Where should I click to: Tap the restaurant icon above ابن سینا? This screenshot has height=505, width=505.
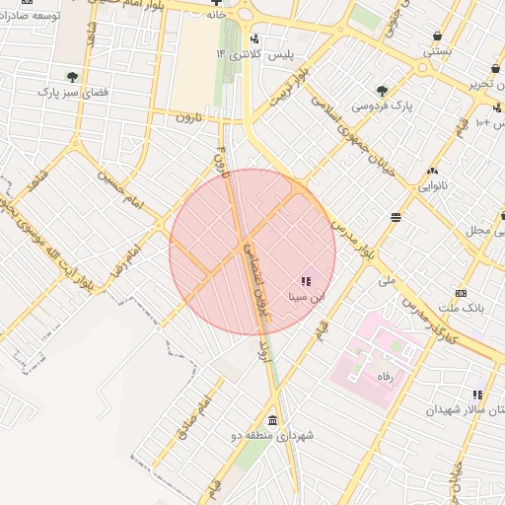304,281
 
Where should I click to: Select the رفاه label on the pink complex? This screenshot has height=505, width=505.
382,377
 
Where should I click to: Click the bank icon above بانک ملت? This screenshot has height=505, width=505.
462,293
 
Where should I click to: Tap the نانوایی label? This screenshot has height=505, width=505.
432,184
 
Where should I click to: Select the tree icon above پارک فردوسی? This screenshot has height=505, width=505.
382,90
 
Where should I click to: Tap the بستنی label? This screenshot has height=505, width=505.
437,49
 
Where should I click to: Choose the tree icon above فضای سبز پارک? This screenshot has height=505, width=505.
72,76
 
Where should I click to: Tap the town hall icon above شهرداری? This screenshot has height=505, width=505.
272,418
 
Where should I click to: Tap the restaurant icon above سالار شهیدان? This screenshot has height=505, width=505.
478,395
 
